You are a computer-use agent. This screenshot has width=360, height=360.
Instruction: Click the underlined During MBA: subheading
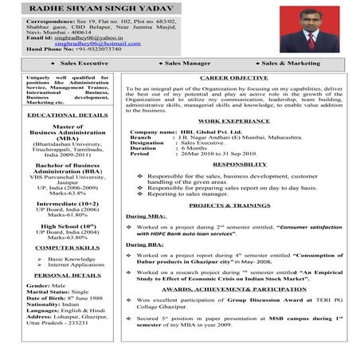145,216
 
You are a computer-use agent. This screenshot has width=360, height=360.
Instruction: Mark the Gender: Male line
46,285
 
